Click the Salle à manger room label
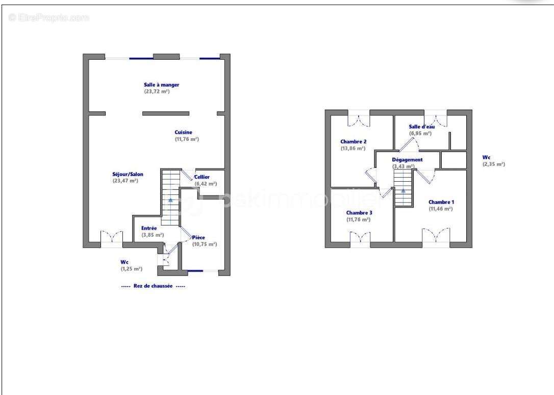point(162,85)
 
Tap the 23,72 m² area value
point(157,91)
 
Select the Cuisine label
point(183,133)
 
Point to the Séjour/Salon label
point(128,174)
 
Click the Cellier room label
point(202,177)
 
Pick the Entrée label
point(149,228)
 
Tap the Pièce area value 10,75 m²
point(205,244)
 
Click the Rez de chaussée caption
point(153,286)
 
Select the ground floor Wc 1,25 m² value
point(132,269)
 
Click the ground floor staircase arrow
point(171,200)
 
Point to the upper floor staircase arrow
point(404,191)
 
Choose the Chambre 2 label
point(354,142)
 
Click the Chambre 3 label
point(359,213)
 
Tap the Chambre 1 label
point(441,202)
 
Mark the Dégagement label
point(408,160)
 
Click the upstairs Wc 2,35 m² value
point(494,164)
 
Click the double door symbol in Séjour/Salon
point(112,237)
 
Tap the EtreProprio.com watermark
point(49,17)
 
